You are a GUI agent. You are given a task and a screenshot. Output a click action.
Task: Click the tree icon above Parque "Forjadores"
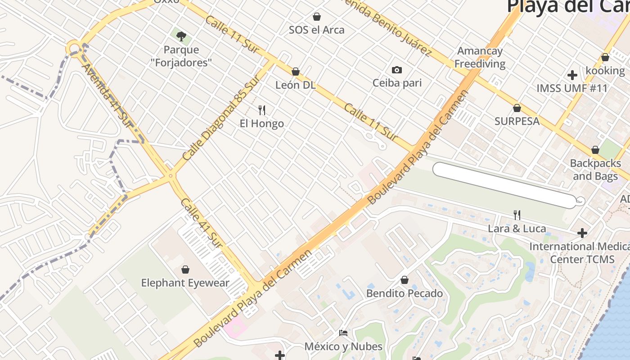pos(181,36)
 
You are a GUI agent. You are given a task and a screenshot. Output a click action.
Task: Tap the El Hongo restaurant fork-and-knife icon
pos(262,110)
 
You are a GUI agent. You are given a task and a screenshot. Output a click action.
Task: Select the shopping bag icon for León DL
pos(296,72)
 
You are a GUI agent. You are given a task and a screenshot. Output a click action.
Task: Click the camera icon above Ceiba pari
pos(396,70)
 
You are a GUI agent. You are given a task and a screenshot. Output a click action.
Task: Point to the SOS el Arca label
pos(316,30)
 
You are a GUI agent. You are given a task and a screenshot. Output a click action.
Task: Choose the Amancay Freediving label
pos(480,58)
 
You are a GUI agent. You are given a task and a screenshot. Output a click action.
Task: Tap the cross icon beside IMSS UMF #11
pos(572,75)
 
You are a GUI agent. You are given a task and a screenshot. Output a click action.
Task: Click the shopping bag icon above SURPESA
pos(517,108)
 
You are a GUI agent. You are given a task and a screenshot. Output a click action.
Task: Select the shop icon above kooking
pos(605,58)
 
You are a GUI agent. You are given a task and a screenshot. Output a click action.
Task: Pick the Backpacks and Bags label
pos(595,170)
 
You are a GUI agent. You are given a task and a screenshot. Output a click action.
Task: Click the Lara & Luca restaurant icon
pos(517,215)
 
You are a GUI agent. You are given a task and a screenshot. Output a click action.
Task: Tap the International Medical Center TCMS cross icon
pos(582,233)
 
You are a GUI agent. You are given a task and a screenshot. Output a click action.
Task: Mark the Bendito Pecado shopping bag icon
pos(405,280)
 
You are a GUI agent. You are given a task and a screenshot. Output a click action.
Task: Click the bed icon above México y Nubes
pos(343,333)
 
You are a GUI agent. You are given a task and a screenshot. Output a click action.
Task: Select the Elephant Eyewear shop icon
pos(185,270)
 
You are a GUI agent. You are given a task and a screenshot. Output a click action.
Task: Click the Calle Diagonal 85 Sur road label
pos(221,118)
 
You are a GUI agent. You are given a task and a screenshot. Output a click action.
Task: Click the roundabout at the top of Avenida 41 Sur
pos(74,48)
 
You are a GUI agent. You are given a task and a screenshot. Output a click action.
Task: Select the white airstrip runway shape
pos(504,185)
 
